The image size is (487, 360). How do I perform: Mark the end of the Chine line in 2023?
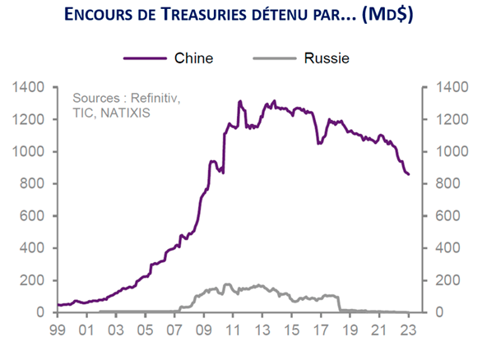click(409, 174)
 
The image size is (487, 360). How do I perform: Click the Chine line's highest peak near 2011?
click(239, 102)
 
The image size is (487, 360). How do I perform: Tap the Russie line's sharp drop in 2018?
click(339, 303)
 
